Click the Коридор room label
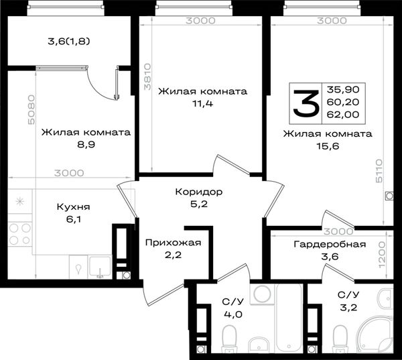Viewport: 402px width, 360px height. [199, 192]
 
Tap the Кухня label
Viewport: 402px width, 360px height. [73, 206]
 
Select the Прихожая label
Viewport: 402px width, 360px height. [173, 243]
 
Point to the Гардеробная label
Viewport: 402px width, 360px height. [330, 244]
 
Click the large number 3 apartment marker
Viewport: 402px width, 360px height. [306, 103]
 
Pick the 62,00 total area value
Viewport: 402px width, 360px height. [343, 115]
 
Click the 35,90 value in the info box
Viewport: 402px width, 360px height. [343, 90]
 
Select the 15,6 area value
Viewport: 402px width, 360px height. [328, 146]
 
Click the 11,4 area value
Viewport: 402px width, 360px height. [202, 104]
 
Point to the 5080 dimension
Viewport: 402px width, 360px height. [31, 110]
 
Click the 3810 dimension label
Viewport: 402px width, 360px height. [147, 77]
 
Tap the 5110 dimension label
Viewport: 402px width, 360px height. [379, 171]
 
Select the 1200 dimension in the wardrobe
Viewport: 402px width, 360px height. [382, 255]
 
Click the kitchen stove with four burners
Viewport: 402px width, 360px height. [19, 234]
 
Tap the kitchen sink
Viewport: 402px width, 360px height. [100, 267]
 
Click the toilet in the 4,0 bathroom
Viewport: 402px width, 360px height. [229, 338]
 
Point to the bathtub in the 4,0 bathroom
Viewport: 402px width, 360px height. [289, 318]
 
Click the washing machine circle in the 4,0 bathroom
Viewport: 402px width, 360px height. [262, 294]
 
